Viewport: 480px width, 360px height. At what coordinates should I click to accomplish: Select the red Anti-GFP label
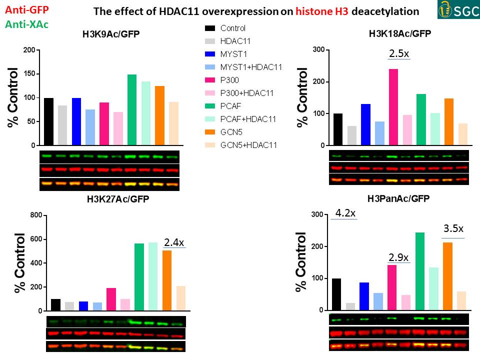(24, 9)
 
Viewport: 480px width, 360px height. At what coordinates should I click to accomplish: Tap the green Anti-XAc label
(24, 23)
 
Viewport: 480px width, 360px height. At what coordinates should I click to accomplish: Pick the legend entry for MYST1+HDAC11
(251, 67)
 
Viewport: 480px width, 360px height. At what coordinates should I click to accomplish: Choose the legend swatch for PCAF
(210, 106)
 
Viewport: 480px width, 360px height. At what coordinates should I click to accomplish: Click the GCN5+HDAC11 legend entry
(249, 145)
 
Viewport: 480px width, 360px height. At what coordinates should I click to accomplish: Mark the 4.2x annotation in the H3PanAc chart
(345, 213)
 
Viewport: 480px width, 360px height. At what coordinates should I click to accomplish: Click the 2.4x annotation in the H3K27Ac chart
(174, 242)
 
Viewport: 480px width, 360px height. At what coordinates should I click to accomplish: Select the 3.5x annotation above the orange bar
(453, 229)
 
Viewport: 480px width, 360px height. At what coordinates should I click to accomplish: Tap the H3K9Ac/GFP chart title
(111, 34)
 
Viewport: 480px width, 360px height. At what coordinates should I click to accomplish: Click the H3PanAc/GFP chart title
(399, 198)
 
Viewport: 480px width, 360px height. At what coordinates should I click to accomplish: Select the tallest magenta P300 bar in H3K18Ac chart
(393, 107)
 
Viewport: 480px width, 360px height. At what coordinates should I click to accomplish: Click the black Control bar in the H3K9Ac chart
(48, 121)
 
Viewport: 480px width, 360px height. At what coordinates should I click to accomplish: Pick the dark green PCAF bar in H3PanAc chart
(420, 271)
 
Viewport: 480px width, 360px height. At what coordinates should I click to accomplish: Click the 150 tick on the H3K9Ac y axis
(31, 74)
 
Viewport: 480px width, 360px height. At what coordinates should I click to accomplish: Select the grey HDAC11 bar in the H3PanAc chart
(350, 306)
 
